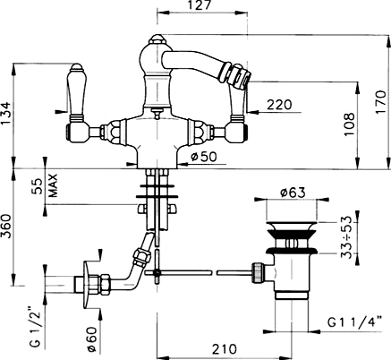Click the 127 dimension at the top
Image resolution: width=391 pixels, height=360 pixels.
click(x=200, y=5)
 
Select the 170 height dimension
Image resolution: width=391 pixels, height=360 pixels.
click(x=380, y=102)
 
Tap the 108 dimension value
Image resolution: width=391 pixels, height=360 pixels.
click(x=349, y=124)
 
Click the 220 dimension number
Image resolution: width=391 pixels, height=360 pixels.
click(x=279, y=105)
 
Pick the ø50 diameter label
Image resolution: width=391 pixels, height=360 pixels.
click(x=204, y=156)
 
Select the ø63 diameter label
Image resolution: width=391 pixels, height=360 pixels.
click(x=293, y=193)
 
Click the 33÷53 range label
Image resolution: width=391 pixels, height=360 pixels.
click(x=347, y=237)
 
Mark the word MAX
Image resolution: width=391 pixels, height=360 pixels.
click(x=53, y=185)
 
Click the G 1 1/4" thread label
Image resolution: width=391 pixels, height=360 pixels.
click(x=355, y=322)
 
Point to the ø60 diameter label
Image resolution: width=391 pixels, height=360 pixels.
click(x=92, y=339)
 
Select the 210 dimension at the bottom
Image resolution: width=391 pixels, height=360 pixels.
click(x=225, y=349)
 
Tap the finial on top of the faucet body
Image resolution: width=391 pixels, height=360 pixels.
click(x=157, y=39)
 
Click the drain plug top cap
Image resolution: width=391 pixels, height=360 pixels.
click(x=291, y=224)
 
